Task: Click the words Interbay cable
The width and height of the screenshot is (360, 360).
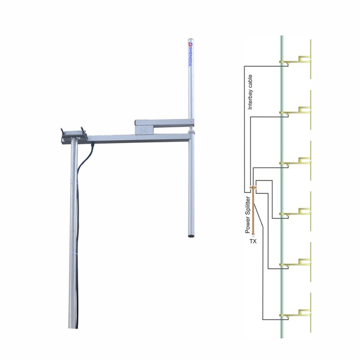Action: tap(251, 92)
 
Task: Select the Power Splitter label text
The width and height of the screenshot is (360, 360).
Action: tap(247, 214)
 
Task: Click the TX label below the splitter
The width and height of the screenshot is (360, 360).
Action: tap(253, 241)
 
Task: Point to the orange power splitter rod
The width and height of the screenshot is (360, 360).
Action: tap(253, 211)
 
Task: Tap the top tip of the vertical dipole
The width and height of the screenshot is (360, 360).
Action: tap(191, 40)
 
